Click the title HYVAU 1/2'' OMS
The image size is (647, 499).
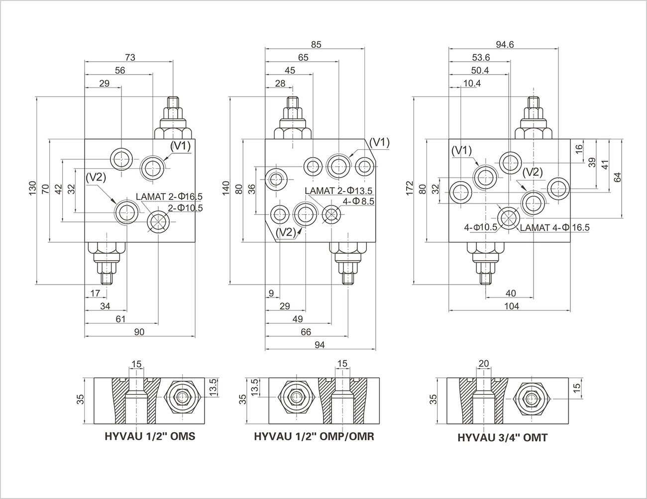pos(150,436)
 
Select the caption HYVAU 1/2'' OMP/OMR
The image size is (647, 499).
pos(314,436)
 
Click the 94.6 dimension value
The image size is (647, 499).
pos(505,45)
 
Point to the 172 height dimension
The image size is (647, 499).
pos(410,188)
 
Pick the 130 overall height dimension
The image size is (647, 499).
pos(32,188)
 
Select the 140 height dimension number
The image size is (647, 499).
pos(226,188)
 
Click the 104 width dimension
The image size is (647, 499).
pos(512,306)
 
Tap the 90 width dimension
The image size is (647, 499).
pos(139,332)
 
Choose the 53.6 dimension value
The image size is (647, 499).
pos(481,57)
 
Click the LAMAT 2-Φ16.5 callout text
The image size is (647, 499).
pos(169,197)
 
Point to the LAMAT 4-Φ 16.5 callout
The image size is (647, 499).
pos(555,228)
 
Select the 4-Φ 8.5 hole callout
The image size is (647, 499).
pos(358,201)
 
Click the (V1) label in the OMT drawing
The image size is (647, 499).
pos(461,151)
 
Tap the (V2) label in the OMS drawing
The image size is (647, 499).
pos(96,177)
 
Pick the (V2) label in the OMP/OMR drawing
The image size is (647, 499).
pos(286,232)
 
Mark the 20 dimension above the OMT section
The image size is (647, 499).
pos(484,363)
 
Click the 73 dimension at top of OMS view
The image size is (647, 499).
pos(130,57)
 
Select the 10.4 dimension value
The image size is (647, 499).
pos(472,84)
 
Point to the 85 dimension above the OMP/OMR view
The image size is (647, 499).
pos(316,45)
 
